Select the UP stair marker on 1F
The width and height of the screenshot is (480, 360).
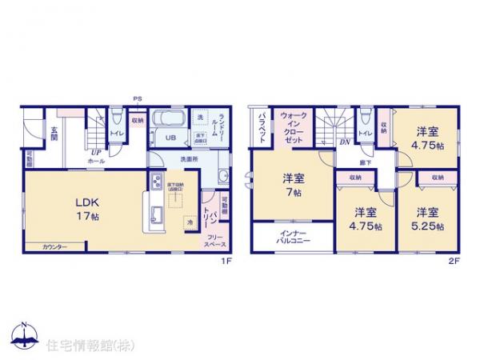click(x=95, y=151)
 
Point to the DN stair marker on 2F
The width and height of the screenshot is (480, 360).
click(x=345, y=142)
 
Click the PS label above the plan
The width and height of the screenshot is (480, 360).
click(x=138, y=100)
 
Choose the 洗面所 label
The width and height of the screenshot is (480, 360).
click(x=189, y=159)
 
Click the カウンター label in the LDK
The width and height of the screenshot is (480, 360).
click(x=54, y=246)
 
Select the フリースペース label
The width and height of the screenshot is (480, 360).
click(x=214, y=240)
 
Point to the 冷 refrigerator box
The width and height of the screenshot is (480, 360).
click(x=189, y=222)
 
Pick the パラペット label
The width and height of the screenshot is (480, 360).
click(x=262, y=126)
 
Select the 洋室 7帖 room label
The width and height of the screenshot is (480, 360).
click(x=292, y=186)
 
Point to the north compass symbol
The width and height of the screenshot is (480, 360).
click(x=23, y=337)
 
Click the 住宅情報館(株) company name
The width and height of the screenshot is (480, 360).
click(x=89, y=346)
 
